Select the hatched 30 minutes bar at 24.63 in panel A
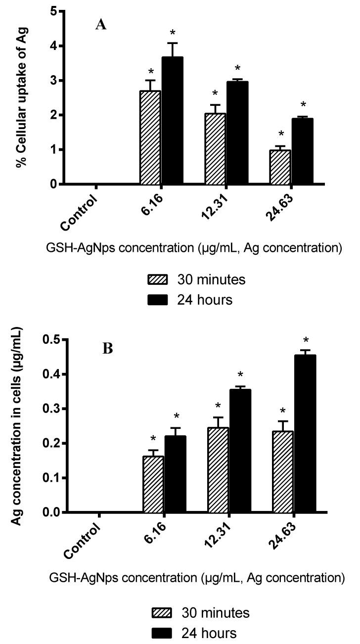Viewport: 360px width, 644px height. click(x=279, y=167)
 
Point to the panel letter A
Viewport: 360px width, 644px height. click(x=101, y=25)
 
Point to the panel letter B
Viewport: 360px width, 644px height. click(x=107, y=349)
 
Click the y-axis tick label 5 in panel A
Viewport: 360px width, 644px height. click(x=53, y=11)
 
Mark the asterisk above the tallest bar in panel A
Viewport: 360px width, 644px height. click(x=173, y=33)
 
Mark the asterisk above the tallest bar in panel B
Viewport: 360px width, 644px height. click(x=306, y=340)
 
